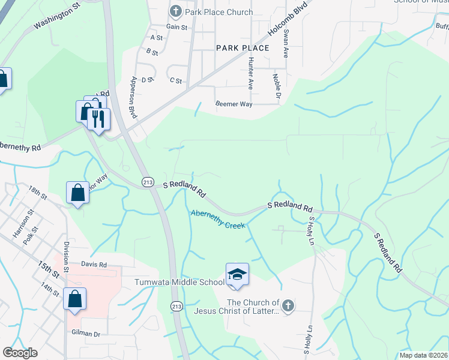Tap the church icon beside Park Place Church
pyautogui.click(x=175, y=11)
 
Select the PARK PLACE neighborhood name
pyautogui.click(x=243, y=47)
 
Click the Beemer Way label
pyautogui.click(x=234, y=104)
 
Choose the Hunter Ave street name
pyautogui.click(x=250, y=74)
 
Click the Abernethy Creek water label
pyautogui.click(x=218, y=219)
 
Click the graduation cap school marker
pyautogui.click(x=237, y=274)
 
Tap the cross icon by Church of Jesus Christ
pyautogui.click(x=288, y=306)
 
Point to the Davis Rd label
pyautogui.click(x=94, y=264)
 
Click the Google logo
pyautogui.click(x=20, y=353)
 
